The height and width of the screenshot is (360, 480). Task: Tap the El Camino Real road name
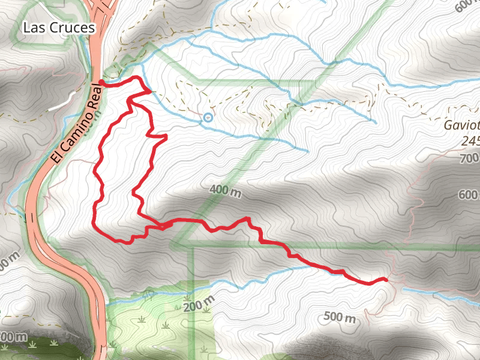tap(76, 124)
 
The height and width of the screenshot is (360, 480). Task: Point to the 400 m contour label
tap(225, 191)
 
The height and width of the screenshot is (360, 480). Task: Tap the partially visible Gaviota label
tap(461, 127)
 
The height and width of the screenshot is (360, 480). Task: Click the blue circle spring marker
tap(208, 118)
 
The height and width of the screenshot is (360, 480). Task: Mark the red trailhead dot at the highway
tap(101, 83)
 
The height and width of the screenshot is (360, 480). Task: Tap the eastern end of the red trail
tap(385, 279)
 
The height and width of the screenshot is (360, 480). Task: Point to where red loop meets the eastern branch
tap(161, 226)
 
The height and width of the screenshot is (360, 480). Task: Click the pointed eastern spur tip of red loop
tap(165, 137)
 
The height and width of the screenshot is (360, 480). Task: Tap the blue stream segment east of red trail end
tap(438, 292)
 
